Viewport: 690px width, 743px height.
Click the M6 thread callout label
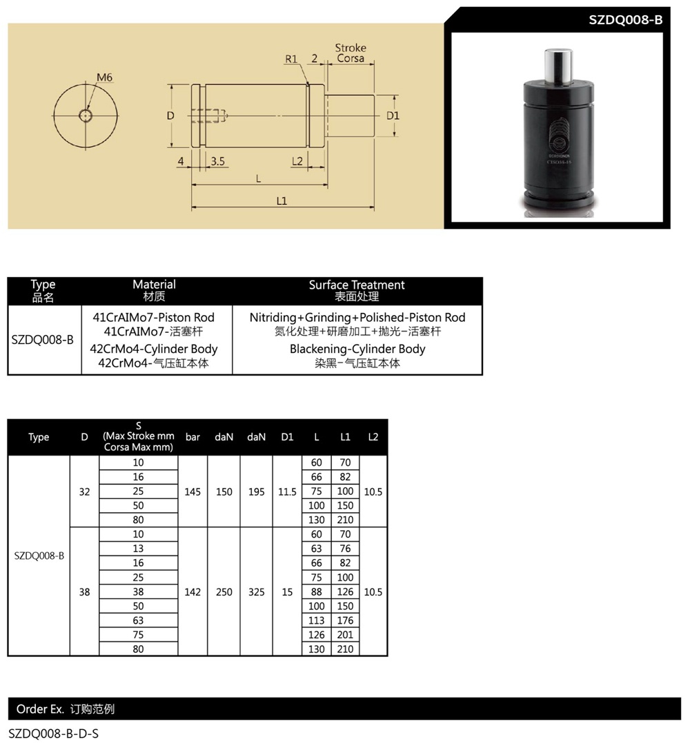point(104,77)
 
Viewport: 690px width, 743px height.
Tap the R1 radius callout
point(291,59)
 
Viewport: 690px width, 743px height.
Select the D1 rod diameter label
point(393,116)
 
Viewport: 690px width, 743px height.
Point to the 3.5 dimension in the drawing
point(217,161)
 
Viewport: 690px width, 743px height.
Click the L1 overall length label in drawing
point(282,201)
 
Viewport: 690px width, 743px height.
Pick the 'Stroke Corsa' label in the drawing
point(351,53)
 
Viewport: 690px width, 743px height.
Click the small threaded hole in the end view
point(86,115)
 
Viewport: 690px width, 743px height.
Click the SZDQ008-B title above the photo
point(626,20)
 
